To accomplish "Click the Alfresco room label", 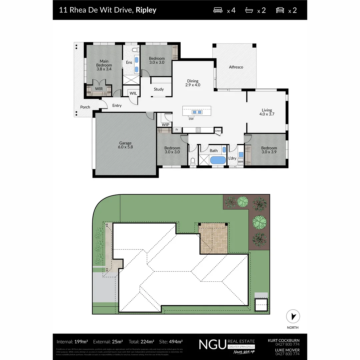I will point(236,67).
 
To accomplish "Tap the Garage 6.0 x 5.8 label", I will point(125,145).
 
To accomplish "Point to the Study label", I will point(159,89).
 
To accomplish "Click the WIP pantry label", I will point(166,125).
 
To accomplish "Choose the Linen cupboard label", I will point(218,131).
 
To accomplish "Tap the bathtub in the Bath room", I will point(218,160).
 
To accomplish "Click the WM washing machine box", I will point(240,162).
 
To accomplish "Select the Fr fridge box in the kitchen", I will point(177,129).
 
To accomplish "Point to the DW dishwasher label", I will point(191,119).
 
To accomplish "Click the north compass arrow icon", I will point(293,316).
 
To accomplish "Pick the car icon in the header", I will point(280,10).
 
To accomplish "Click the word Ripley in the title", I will point(146,10).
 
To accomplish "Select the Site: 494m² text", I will point(171,342).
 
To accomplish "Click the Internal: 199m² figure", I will point(72,342).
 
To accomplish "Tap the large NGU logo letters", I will point(212,344).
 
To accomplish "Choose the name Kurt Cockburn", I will point(284,340).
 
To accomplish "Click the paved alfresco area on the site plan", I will point(214,238).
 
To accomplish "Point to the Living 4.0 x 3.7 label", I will point(267,112).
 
